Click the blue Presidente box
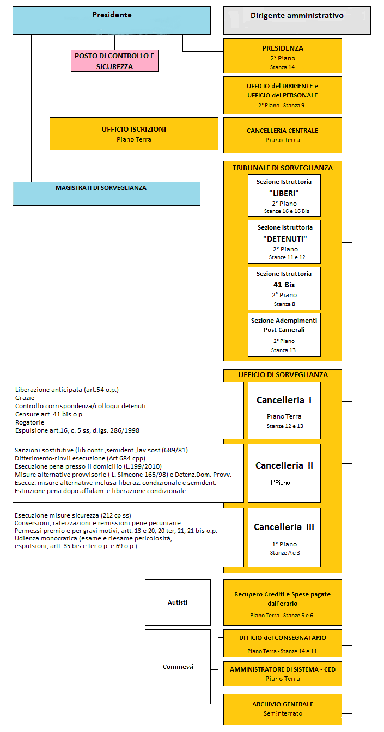coord(112,20)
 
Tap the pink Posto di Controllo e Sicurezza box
coord(114,60)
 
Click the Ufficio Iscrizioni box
coord(133,133)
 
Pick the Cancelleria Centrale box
coord(282,134)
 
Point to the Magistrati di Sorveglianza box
coord(106,193)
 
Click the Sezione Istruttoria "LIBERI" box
coord(284,195)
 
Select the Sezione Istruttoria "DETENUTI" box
coord(284,241)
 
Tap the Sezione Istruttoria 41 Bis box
coord(284,288)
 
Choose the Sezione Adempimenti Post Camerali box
coord(284,334)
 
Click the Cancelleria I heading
coord(284,400)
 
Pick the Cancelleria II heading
coord(284,465)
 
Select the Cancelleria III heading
coord(284,527)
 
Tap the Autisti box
coord(178,602)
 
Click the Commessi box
coord(178,666)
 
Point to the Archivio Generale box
coord(282,709)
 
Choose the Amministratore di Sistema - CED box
coord(282,673)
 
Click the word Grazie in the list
coord(25,398)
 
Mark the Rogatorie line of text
coord(29,422)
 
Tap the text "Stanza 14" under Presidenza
coord(282,67)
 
